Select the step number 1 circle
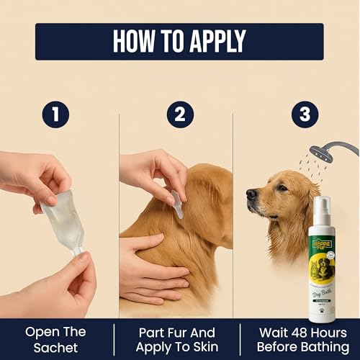55,115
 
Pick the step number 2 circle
180,115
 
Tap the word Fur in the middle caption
170,332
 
